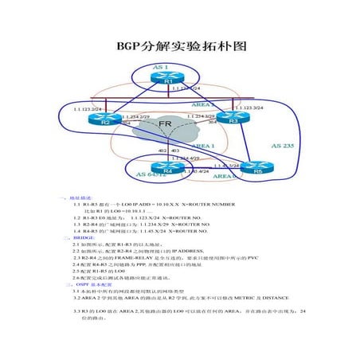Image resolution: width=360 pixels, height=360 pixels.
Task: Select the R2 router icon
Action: pos(104,120)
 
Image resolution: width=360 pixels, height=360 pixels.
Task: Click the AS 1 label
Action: pos(160,67)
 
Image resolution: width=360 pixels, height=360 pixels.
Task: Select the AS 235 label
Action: pos(283,146)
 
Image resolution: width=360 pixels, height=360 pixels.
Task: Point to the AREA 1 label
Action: pos(203,147)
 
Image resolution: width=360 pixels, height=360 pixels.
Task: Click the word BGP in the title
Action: pos(129,47)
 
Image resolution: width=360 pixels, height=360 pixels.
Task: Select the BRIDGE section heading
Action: pos(84,238)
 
